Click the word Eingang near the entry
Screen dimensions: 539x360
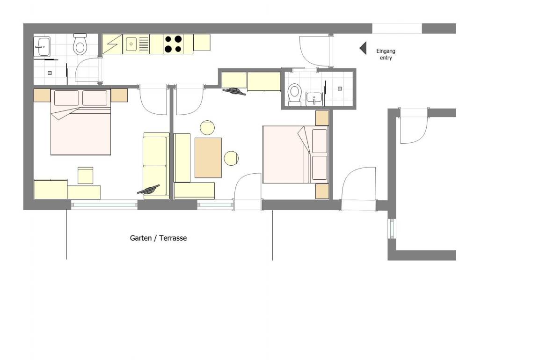[x=386, y=51]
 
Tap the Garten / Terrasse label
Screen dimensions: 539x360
[x=159, y=238]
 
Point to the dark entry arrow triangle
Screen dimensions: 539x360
[x=363, y=48]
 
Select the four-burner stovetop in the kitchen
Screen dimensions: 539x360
[x=173, y=44]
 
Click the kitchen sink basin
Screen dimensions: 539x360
[x=131, y=44]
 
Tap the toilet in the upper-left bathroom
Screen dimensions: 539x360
[x=80, y=44]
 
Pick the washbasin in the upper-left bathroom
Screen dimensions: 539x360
[x=42, y=46]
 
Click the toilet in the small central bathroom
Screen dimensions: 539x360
[x=295, y=94]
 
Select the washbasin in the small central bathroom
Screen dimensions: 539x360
[x=314, y=99]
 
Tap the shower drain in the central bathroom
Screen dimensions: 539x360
[x=340, y=88]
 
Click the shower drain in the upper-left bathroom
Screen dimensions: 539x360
[x=50, y=73]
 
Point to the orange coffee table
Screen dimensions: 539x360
[x=208, y=157]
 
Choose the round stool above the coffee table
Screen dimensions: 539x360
[x=207, y=127]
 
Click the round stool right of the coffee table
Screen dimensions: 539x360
[x=231, y=158]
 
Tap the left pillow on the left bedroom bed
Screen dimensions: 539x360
[x=67, y=98]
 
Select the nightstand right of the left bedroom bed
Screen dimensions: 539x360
[x=119, y=95]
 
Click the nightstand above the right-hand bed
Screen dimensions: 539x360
[x=322, y=118]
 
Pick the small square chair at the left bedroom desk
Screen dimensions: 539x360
[x=85, y=176]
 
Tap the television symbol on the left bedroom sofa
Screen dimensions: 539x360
[x=148, y=190]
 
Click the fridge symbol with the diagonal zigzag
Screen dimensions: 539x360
[x=112, y=44]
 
